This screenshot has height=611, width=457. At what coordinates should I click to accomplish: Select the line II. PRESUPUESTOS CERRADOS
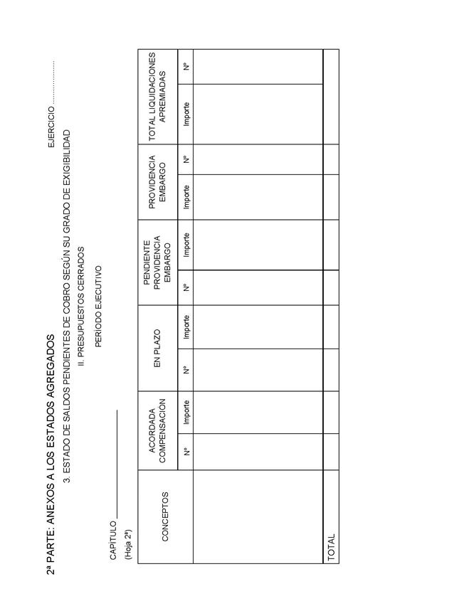82,306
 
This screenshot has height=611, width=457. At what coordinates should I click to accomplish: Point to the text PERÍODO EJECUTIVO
98,307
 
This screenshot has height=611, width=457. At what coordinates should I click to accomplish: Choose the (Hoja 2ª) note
127,544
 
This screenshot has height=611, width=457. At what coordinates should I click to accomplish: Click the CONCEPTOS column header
165,516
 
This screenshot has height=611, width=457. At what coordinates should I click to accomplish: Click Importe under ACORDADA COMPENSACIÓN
187,412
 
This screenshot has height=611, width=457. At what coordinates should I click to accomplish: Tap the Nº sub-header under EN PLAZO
187,369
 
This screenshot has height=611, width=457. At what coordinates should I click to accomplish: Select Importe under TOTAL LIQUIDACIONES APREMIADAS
187,114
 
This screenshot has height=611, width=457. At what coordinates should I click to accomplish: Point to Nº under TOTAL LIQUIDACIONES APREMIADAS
187,66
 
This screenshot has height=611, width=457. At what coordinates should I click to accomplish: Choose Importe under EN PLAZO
187,326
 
